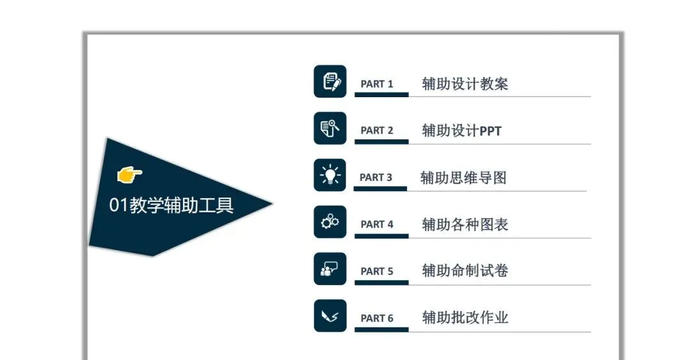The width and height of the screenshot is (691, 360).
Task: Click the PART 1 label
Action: [377, 84]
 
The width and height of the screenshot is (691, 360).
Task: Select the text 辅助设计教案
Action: [465, 84]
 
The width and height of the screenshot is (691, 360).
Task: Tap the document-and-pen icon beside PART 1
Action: [330, 81]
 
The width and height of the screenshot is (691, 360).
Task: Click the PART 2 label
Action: [377, 130]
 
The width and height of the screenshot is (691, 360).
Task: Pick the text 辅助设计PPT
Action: [462, 130]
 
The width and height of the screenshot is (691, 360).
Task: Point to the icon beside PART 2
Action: [330, 128]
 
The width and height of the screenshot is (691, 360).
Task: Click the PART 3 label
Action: [376, 177]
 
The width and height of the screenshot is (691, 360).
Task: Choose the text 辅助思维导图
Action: [463, 177]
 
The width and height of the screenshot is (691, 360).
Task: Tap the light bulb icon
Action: [330, 175]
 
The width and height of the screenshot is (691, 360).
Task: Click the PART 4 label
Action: [377, 224]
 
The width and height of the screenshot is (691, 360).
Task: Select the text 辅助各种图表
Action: [465, 224]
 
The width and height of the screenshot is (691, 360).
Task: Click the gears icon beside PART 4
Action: [330, 222]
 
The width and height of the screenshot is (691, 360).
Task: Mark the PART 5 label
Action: [377, 271]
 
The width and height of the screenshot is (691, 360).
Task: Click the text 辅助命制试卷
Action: [465, 271]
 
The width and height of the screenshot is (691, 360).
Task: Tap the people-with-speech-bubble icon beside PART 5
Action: [330, 269]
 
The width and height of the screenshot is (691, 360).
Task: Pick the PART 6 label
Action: [377, 318]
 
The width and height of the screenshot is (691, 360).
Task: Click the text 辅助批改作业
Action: [465, 318]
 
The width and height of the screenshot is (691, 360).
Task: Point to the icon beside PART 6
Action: [330, 315]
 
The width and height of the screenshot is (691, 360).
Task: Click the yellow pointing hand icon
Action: [130, 173]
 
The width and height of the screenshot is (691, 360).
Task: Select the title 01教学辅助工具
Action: [171, 205]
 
